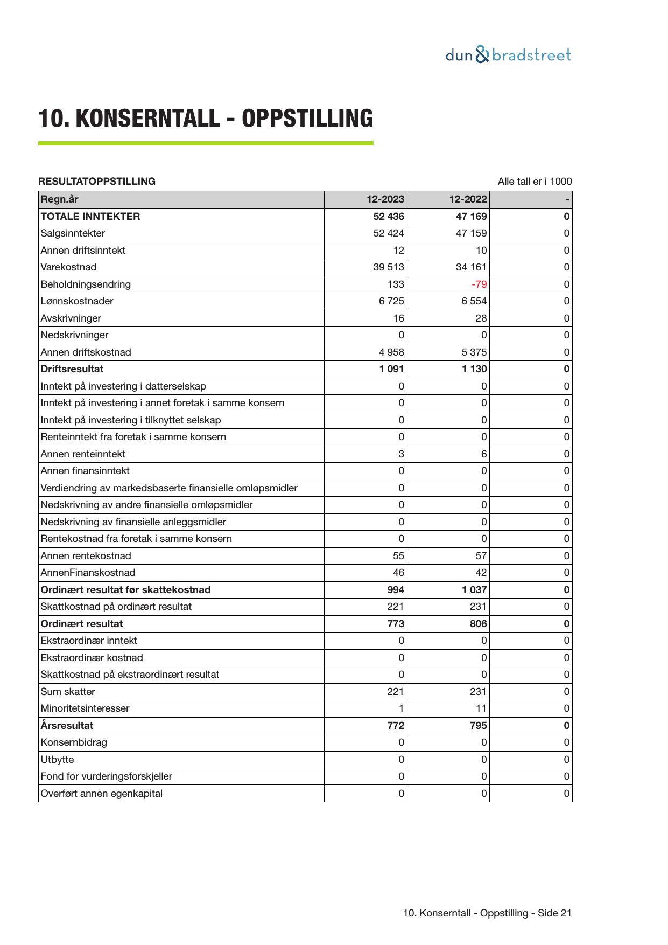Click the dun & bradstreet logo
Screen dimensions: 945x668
508,55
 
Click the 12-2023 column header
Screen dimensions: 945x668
385,199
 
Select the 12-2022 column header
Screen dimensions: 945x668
468,199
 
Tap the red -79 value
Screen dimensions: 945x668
479,284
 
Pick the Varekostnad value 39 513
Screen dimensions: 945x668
388,267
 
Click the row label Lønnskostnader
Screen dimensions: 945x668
77,301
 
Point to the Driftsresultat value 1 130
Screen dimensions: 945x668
474,369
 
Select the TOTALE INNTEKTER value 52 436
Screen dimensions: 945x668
388,217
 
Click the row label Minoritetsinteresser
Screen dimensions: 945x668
85,708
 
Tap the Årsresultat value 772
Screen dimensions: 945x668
395,726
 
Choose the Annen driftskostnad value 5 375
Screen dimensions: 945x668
474,352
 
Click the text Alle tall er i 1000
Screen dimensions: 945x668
535,182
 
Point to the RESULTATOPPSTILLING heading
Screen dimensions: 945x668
97,182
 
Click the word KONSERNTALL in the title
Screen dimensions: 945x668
149,119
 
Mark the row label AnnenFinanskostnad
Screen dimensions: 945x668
88,573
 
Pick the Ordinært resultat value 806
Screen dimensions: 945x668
478,624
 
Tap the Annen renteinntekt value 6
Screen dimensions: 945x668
484,454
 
